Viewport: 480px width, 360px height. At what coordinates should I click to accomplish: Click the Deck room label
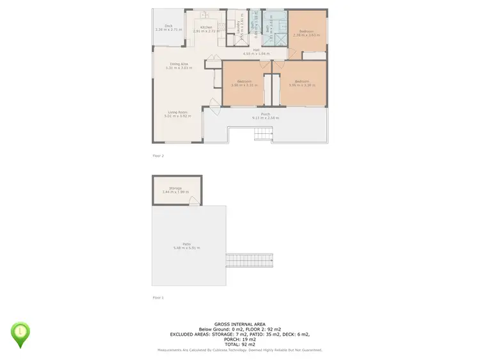tap(168, 26)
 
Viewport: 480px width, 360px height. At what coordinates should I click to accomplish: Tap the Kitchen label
tap(205, 27)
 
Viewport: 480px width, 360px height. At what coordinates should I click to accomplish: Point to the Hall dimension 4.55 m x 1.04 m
tap(256, 54)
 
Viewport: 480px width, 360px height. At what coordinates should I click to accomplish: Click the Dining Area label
tap(179, 63)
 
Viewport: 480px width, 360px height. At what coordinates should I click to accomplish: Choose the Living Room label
tap(177, 113)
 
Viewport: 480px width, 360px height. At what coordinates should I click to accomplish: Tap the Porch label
tap(265, 114)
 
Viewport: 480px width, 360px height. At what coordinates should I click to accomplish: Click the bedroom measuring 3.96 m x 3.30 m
tap(299, 83)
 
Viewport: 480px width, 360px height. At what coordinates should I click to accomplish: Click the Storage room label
tap(175, 188)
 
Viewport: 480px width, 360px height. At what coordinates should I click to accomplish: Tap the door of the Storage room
tap(193, 202)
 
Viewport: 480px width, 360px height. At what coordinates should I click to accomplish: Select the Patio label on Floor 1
tap(186, 244)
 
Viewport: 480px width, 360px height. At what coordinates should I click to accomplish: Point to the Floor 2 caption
tap(158, 156)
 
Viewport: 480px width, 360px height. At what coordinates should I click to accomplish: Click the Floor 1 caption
tap(158, 298)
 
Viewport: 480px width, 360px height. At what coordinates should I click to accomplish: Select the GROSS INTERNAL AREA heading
tap(240, 325)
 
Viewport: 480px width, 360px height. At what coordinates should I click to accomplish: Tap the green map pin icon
tap(21, 333)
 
